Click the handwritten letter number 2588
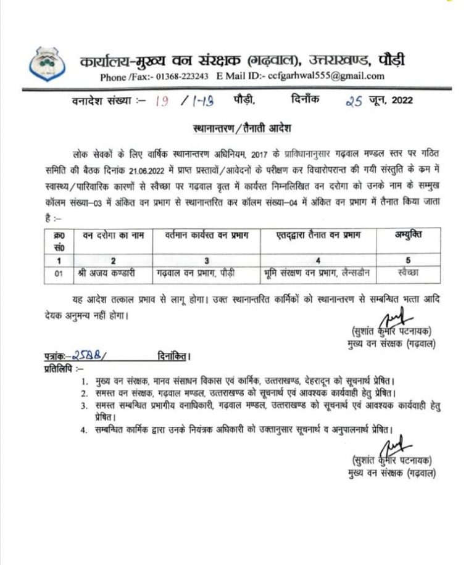click(x=85, y=355)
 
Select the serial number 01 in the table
click(x=59, y=272)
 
